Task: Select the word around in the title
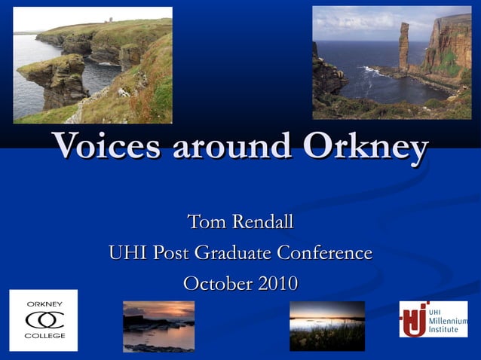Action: click(x=233, y=146)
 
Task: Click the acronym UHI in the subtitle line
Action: click(x=128, y=253)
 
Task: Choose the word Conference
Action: click(x=327, y=253)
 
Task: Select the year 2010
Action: click(x=277, y=284)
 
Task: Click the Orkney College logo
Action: click(x=44, y=320)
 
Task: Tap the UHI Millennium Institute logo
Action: click(x=433, y=319)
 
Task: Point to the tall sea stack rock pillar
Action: click(x=403, y=47)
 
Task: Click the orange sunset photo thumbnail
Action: click(x=158, y=326)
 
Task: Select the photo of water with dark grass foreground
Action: click(x=326, y=326)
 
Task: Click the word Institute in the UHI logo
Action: click(x=443, y=331)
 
